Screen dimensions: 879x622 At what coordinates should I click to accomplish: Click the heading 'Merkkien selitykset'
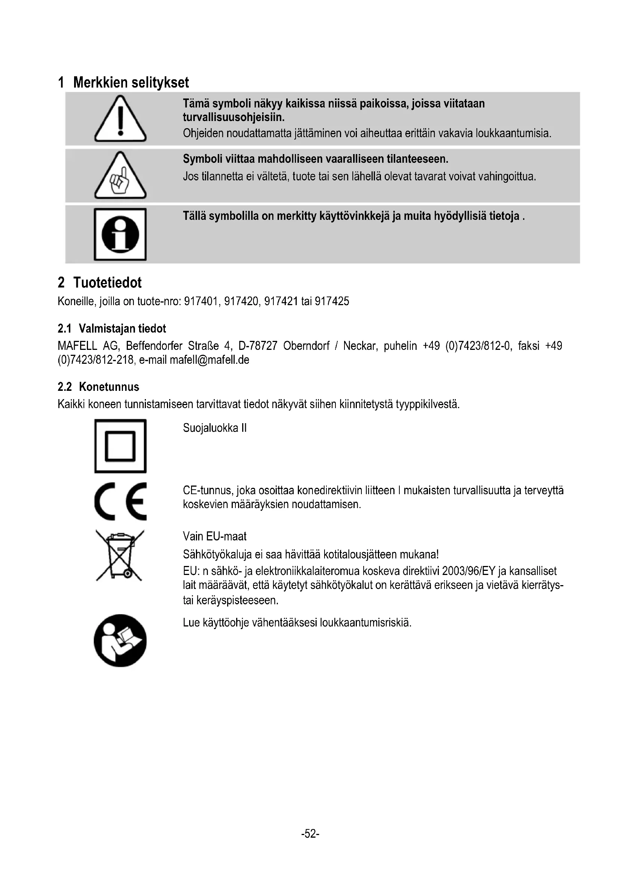click(x=130, y=83)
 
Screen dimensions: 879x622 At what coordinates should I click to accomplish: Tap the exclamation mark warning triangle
click(x=120, y=120)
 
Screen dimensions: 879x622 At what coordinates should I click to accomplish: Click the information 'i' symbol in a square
click(x=120, y=234)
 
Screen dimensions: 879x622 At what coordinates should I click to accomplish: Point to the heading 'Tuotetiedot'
click(x=107, y=283)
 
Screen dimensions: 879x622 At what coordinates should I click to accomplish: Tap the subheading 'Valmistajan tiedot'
click(x=122, y=328)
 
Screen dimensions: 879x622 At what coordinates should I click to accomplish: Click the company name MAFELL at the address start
click(x=77, y=346)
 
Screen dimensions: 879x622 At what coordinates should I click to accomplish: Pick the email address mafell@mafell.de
click(x=209, y=360)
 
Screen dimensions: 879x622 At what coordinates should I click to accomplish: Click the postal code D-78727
click(x=257, y=346)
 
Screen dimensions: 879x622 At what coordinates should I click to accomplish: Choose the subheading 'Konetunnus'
click(x=109, y=387)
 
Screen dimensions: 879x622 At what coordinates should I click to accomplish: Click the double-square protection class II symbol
click(x=120, y=446)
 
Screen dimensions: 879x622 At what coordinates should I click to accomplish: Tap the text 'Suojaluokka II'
click(x=214, y=428)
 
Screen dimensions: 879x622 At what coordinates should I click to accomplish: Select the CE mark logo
click(x=120, y=501)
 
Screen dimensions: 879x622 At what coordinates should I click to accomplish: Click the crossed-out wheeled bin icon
click(x=120, y=555)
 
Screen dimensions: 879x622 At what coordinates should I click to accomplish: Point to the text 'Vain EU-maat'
click(x=214, y=536)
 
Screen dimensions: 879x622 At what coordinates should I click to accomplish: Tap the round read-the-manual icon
click(x=120, y=640)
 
